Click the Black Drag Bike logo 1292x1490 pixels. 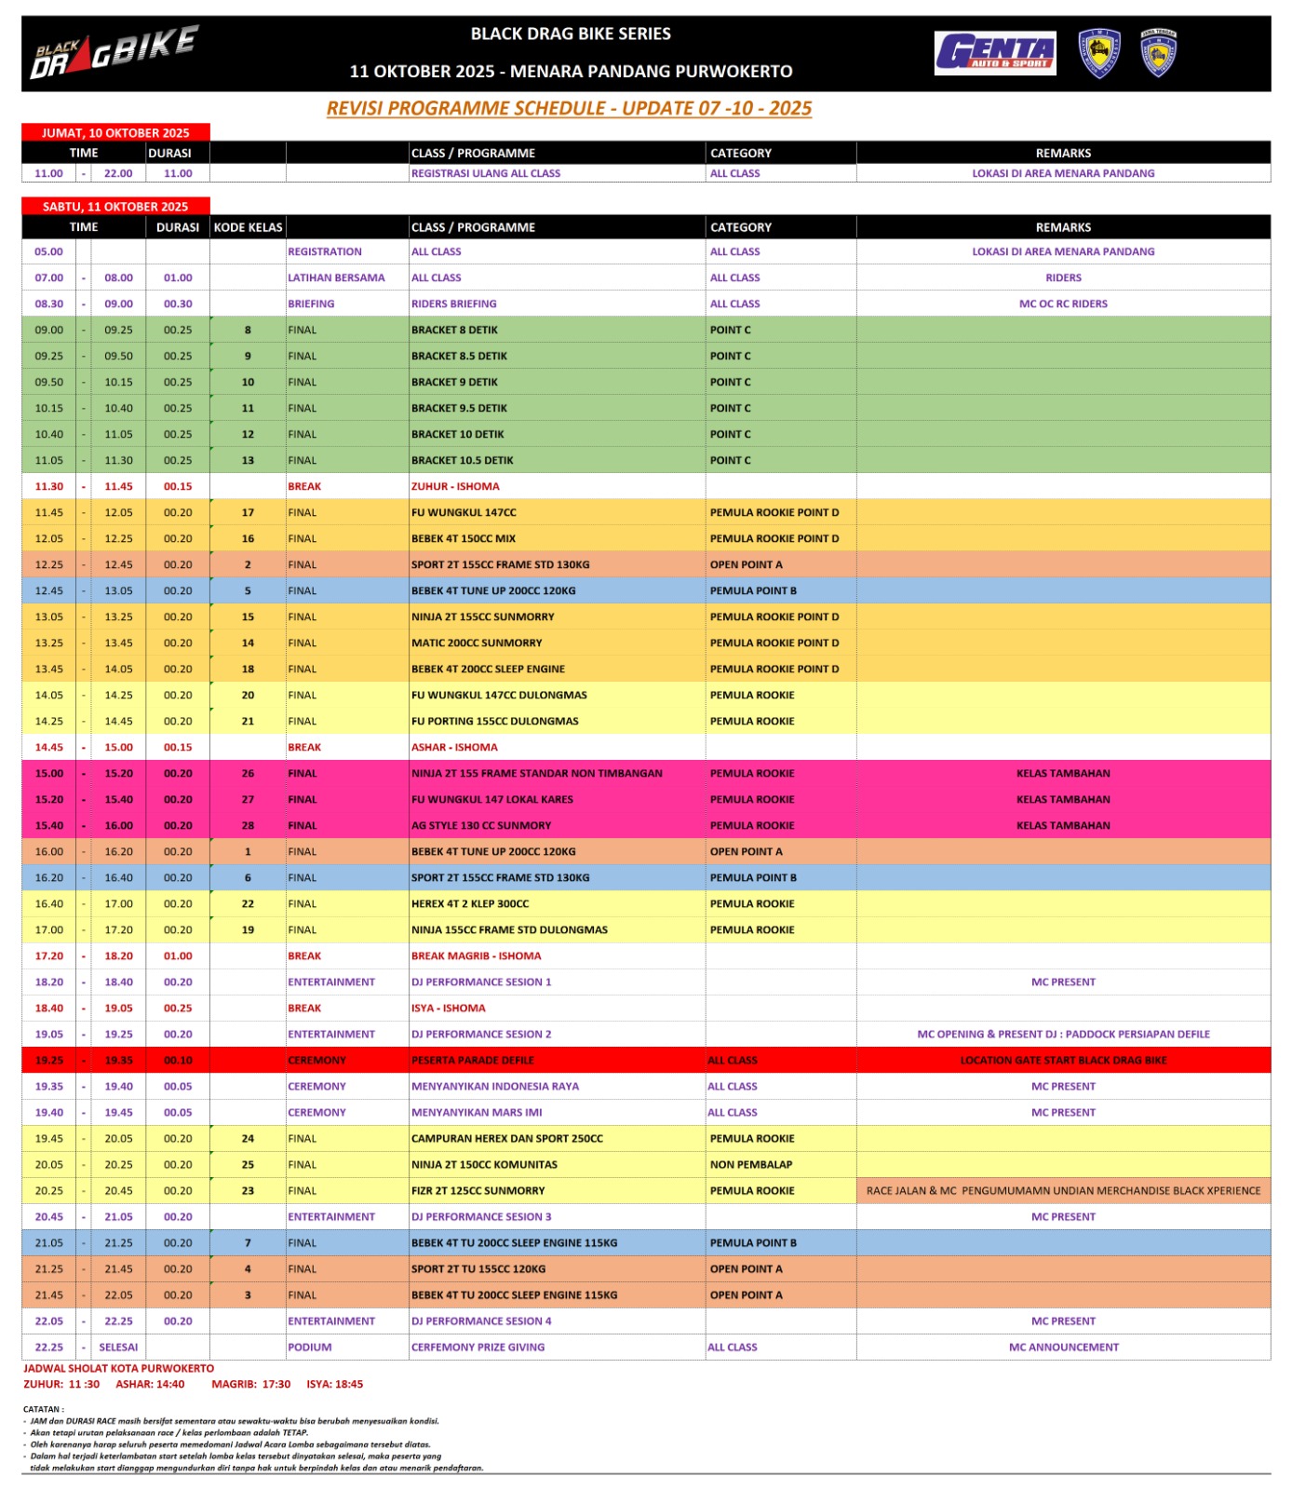[114, 53]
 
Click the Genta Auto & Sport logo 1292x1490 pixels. [995, 53]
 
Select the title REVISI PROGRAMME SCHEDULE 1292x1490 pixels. [569, 108]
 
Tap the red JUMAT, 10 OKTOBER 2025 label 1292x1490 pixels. [115, 133]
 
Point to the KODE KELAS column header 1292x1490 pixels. [248, 227]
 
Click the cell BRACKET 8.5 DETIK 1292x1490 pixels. [459, 356]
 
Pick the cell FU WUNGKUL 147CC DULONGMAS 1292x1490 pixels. [499, 695]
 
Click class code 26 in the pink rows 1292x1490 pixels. [248, 773]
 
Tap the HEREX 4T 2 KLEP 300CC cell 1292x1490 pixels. [470, 903]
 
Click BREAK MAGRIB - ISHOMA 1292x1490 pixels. [476, 955]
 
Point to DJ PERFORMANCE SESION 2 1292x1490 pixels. [481, 1034]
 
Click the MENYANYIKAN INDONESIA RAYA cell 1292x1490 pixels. [495, 1086]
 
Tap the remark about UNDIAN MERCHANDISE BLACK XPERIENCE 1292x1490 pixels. [1063, 1190]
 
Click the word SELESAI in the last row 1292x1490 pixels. [118, 1347]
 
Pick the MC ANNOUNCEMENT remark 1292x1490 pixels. [1063, 1347]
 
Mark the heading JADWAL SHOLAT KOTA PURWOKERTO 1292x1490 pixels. [118, 1368]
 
